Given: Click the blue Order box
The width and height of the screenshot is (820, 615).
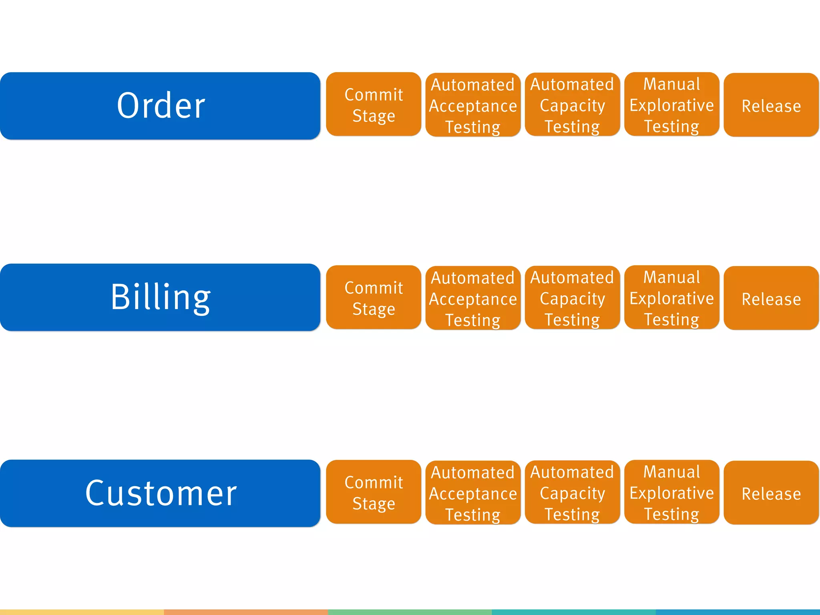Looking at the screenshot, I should pyautogui.click(x=160, y=106).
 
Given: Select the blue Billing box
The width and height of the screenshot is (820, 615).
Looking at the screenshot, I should pyautogui.click(x=160, y=297).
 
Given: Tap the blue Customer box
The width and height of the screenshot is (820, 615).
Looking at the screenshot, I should pyautogui.click(x=160, y=493).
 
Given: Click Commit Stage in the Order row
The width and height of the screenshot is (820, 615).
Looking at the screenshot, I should pyautogui.click(x=374, y=105).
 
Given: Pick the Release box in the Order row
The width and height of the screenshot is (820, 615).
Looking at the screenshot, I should pyautogui.click(x=771, y=105).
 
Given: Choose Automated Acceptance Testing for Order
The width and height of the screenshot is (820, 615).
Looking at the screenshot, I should pyautogui.click(x=473, y=105).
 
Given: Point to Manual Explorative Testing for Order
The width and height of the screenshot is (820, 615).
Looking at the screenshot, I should pyautogui.click(x=672, y=105).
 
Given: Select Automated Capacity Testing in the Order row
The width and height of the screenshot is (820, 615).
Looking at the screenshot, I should pyautogui.click(x=572, y=105).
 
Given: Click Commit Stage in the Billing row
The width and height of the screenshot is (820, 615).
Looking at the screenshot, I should pyautogui.click(x=374, y=297).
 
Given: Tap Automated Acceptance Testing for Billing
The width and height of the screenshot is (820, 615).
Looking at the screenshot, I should pyautogui.click(x=473, y=298).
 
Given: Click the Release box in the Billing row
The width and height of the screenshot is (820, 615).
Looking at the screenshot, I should pyautogui.click(x=771, y=298).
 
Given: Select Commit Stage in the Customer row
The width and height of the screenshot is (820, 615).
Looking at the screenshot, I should pyautogui.click(x=374, y=492).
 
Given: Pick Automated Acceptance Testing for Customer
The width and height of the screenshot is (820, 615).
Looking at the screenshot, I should pyautogui.click(x=473, y=492).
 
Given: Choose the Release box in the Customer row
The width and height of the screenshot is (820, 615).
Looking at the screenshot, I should pyautogui.click(x=771, y=492).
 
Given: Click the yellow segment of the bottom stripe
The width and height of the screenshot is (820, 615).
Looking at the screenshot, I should pyautogui.click(x=82, y=612).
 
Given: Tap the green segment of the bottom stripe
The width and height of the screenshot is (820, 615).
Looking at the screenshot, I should pyautogui.click(x=410, y=612).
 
